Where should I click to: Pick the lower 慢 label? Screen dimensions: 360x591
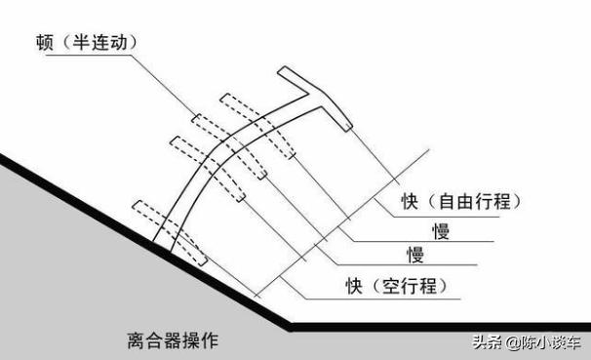point(415,256)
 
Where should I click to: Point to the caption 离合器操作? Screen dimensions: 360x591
point(173,340)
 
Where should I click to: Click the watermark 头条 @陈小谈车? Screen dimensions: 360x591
point(528,341)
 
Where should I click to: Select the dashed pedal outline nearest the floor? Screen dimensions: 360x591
point(170,234)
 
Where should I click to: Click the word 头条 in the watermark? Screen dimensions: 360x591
point(487,341)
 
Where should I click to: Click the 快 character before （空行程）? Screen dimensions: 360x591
point(354,285)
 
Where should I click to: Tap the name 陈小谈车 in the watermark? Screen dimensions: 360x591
point(551,341)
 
